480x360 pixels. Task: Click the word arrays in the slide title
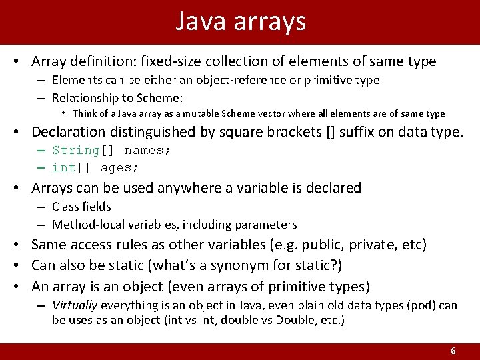(270, 23)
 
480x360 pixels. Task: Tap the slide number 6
(453, 351)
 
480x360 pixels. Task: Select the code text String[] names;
(111, 150)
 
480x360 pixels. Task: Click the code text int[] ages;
(96, 167)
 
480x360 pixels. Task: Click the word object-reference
(203, 80)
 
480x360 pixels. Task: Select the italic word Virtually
(75, 305)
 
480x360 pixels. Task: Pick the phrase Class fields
(81, 207)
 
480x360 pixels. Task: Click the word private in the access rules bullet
(372, 245)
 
